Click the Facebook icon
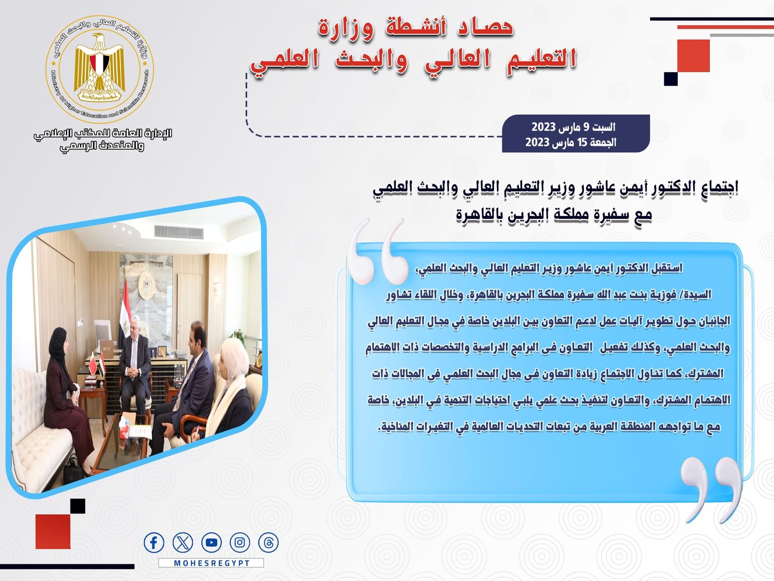tap(154, 543)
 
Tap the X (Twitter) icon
tap(183, 543)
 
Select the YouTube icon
tap(211, 543)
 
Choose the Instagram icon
tap(240, 543)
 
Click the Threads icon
tap(268, 543)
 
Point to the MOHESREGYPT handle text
tap(211, 563)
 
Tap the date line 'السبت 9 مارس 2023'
tap(573, 127)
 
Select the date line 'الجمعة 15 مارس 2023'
tap(571, 142)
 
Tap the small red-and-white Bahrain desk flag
tap(93, 363)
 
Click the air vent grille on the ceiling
tap(179, 232)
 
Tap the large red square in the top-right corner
tap(693, 56)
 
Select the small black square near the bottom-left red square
tap(77, 506)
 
